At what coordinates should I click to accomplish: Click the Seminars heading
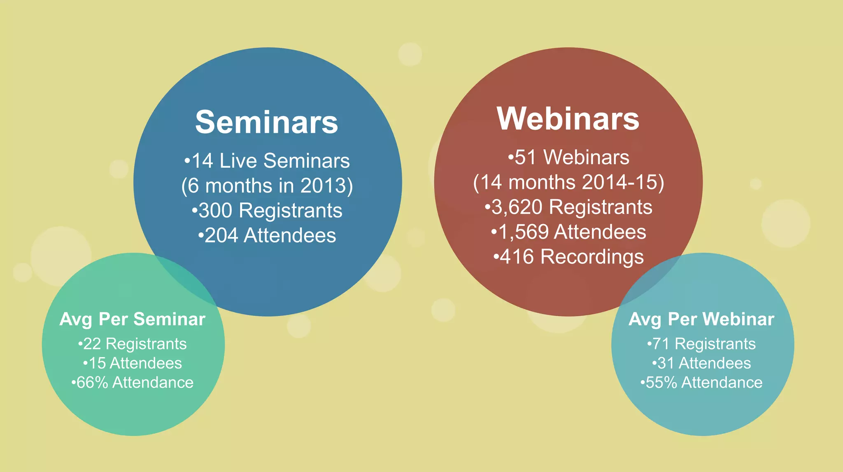(x=266, y=122)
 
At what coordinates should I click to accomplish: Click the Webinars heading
(x=568, y=119)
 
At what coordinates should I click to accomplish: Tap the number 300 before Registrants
(x=216, y=211)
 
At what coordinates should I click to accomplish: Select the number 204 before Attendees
(x=221, y=236)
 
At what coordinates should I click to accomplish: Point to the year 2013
(x=324, y=186)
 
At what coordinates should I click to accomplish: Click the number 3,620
(x=517, y=207)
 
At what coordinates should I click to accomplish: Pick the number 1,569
(x=524, y=232)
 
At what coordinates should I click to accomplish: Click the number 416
(x=517, y=257)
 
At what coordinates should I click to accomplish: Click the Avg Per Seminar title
(x=133, y=319)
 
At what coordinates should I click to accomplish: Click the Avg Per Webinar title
(x=701, y=319)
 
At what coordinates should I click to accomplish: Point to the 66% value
(x=92, y=383)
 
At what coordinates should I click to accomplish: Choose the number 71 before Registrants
(x=661, y=344)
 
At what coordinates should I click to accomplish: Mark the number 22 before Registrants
(x=92, y=344)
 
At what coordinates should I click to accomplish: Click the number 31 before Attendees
(x=666, y=363)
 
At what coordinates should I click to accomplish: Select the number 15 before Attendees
(x=98, y=363)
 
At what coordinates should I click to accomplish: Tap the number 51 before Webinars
(x=525, y=157)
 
